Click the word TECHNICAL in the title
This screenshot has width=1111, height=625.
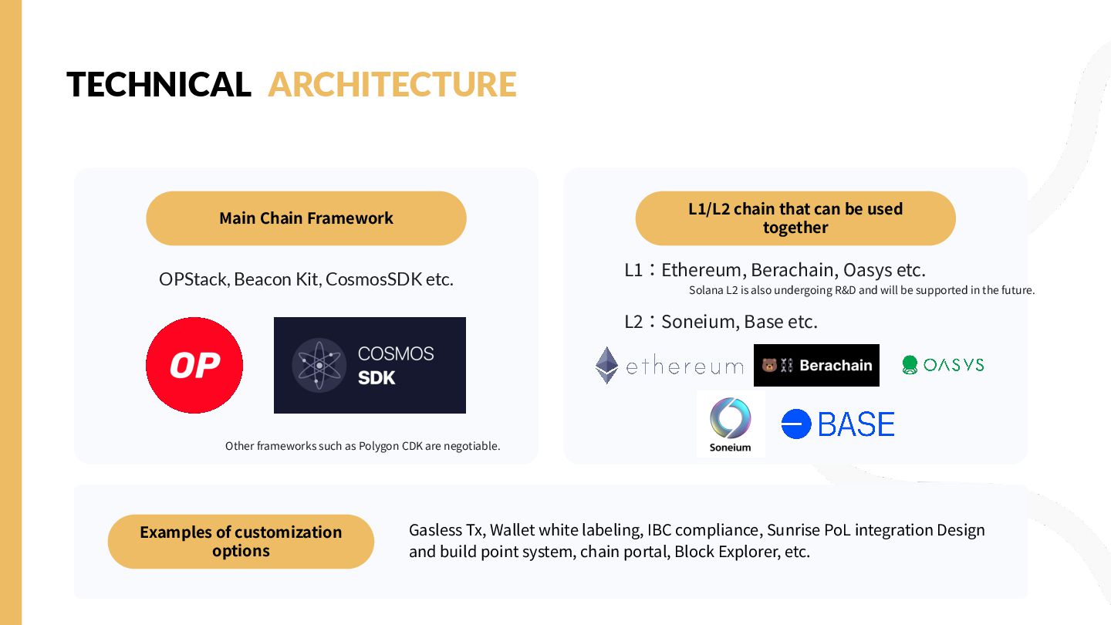click(x=159, y=85)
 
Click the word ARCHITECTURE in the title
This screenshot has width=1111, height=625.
click(x=392, y=85)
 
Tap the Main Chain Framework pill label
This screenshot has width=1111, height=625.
click(x=306, y=218)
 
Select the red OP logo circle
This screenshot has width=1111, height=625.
click(x=194, y=365)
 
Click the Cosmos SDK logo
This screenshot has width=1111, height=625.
click(x=370, y=365)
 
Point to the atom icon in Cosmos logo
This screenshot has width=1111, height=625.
click(x=319, y=365)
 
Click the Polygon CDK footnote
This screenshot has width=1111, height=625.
click(x=363, y=446)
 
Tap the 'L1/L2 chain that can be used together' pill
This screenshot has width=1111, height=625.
click(x=795, y=218)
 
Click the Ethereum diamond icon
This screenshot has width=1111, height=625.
click(x=607, y=365)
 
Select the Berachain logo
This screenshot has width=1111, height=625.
click(x=816, y=365)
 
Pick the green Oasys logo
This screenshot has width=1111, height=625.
click(x=943, y=365)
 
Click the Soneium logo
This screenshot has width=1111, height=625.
click(x=730, y=424)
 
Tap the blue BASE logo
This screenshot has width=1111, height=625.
click(x=838, y=424)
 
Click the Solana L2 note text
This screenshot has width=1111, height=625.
click(x=861, y=291)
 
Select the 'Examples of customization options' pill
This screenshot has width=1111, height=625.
click(x=241, y=542)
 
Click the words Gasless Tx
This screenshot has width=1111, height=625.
click(x=445, y=531)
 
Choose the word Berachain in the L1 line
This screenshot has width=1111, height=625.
click(x=792, y=271)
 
